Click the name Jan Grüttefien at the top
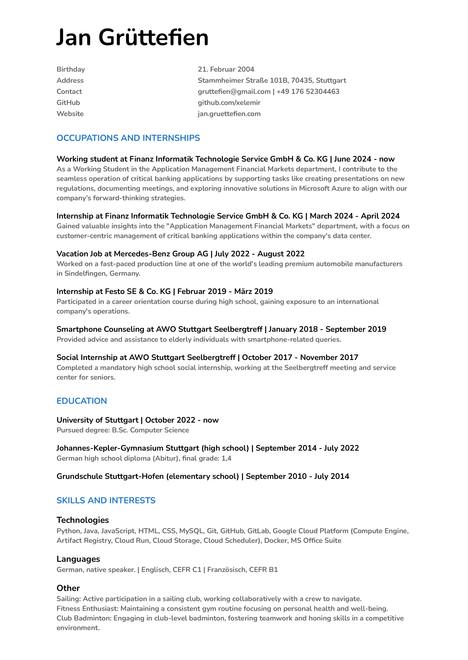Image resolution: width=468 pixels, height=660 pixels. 132,37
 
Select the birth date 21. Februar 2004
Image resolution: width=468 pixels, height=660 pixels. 226,69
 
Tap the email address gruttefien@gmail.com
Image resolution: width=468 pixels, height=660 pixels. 234,91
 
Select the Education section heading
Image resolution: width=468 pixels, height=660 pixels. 82,401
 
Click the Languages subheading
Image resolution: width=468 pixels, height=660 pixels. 78,559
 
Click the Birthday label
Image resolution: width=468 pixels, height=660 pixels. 71,69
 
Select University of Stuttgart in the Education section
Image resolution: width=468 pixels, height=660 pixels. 97,420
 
